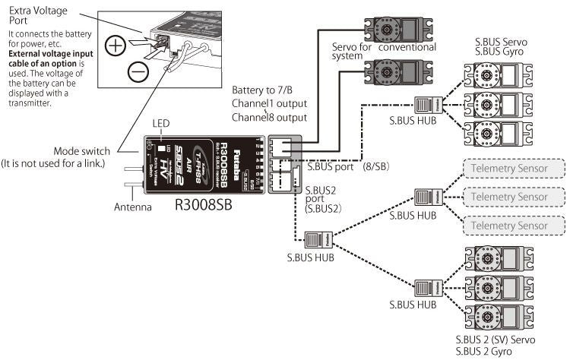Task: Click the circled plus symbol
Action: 115,46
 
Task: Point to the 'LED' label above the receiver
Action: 161,123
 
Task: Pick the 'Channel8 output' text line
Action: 269,118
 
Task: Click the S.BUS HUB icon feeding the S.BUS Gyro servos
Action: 424,104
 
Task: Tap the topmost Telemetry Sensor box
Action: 514,168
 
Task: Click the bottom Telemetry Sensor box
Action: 514,226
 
